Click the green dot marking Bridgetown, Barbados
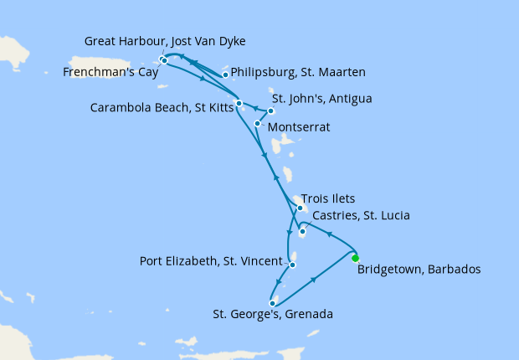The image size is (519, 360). (355, 258)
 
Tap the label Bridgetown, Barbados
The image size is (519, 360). (419, 270)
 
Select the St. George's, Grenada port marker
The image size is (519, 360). (273, 303)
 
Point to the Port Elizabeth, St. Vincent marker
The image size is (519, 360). (292, 265)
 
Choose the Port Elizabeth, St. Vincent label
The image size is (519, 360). (211, 261)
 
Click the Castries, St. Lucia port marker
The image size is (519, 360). (302, 231)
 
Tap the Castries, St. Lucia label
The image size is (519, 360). (360, 216)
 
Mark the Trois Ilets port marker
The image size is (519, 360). (300, 208)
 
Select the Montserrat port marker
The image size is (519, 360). (257, 123)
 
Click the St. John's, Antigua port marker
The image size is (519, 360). (270, 111)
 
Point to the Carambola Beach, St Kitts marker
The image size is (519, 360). (239, 104)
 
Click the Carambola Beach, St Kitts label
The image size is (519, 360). (163, 108)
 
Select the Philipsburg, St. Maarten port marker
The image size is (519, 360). (225, 75)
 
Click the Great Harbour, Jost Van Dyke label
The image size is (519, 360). (165, 41)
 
